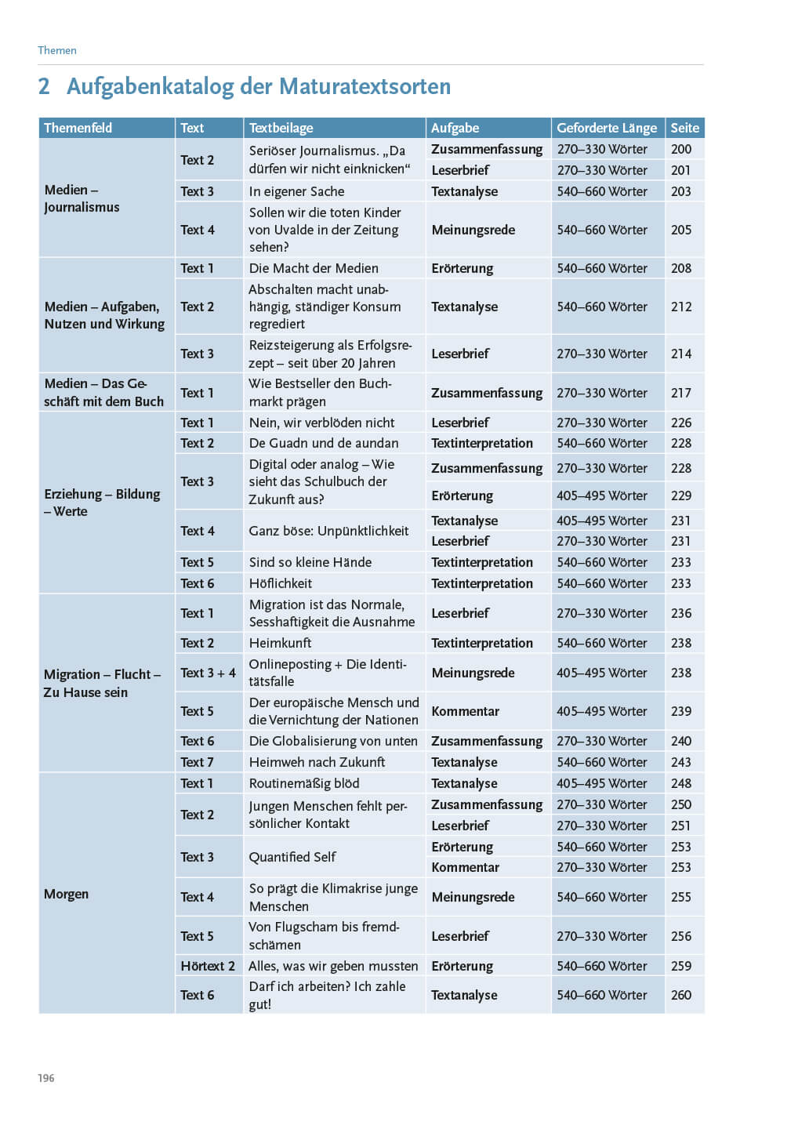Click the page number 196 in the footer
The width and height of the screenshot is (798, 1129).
pos(46,1078)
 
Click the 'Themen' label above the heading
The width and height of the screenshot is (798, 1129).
pos(57,50)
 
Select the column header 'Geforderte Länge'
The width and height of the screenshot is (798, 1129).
pos(607,128)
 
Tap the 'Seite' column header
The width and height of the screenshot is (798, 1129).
pos(684,128)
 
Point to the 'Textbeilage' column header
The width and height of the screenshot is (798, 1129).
pos(281,128)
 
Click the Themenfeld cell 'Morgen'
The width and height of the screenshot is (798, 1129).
pos(67,894)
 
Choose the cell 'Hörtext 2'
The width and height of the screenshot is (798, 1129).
pos(208,966)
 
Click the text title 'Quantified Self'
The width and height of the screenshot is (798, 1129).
pos(292,857)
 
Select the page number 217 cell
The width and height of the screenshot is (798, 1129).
pos(681,393)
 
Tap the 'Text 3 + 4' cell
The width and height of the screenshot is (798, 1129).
pos(208,673)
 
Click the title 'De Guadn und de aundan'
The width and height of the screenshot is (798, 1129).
pos(324,443)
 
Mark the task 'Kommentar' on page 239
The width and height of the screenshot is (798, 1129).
pos(465,711)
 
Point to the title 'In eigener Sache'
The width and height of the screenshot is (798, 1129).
pos(296,191)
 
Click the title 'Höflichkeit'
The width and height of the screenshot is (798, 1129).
pos(280,583)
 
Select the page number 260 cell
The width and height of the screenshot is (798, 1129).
pos(681,995)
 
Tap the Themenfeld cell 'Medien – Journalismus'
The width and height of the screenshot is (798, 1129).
pos(82,198)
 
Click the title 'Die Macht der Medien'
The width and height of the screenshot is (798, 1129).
pos(314,268)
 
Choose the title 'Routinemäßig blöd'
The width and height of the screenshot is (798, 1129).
pos(304,783)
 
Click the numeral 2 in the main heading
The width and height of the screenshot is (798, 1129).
pos(44,86)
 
